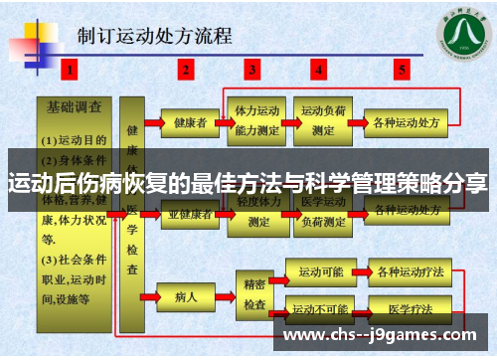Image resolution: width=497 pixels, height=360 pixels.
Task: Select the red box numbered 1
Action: [69, 70]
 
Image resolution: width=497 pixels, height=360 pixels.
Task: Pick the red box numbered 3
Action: [252, 70]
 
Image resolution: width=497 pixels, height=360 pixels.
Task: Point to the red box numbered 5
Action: [402, 70]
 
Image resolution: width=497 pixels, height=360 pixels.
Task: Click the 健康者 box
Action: [189, 123]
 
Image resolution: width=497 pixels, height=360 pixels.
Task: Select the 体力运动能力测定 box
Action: [256, 121]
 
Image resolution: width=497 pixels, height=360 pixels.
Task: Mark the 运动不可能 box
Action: [319, 308]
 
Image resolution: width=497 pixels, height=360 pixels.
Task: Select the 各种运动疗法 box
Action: [405, 271]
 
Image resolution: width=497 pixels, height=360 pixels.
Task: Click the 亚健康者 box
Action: [189, 212]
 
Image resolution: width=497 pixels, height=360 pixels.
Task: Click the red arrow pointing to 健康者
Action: [152, 123]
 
